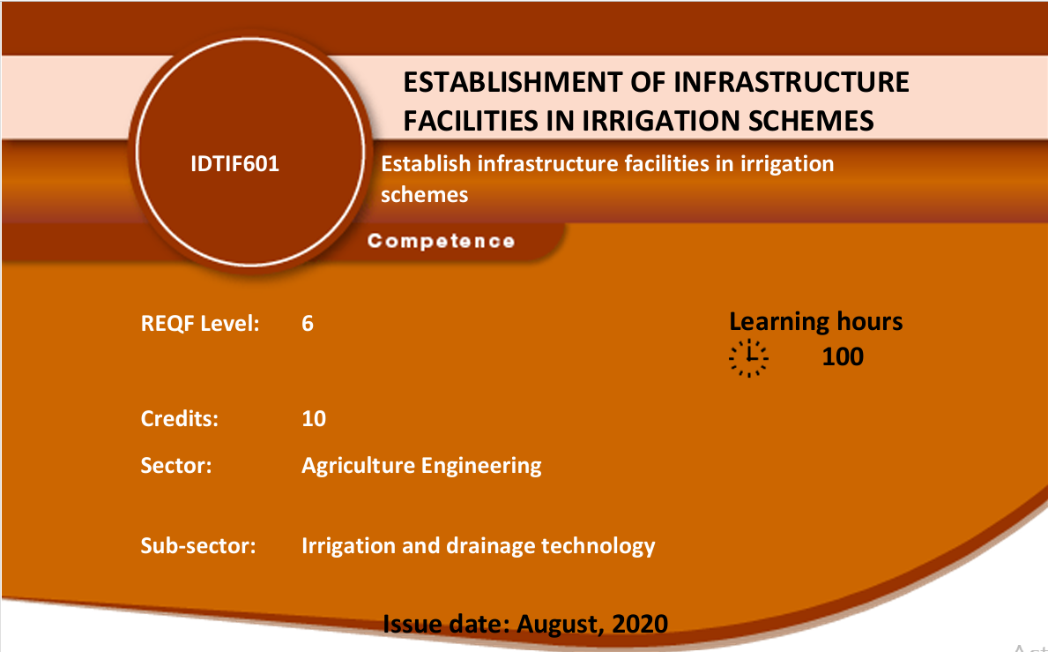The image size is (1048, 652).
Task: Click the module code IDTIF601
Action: (234, 164)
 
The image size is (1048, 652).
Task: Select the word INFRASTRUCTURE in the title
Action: (792, 82)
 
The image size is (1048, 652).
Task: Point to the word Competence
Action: (441, 242)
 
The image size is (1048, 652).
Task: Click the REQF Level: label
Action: (200, 324)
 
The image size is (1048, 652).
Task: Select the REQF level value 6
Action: (308, 324)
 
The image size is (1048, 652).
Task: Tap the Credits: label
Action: (179, 418)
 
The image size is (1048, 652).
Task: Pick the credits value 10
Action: (314, 418)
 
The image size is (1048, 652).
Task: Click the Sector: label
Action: (175, 466)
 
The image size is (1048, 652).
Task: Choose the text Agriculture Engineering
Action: (421, 466)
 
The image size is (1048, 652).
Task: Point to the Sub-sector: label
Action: (197, 545)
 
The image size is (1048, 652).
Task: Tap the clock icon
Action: (748, 358)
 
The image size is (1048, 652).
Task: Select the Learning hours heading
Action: (815, 322)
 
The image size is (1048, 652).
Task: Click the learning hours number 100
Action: (842, 356)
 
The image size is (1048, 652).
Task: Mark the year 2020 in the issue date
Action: (640, 624)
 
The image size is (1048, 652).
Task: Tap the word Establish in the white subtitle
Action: (426, 164)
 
